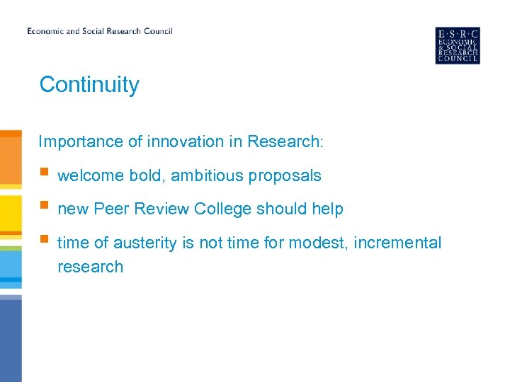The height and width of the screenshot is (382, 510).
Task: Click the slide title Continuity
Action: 89,85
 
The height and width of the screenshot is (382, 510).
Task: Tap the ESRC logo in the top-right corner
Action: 457,45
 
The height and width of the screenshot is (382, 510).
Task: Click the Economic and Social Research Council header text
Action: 100,31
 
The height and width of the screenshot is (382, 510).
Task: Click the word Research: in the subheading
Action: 285,141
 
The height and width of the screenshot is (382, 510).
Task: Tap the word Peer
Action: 110,209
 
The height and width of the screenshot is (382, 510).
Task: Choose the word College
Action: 223,209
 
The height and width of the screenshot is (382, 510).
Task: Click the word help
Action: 327,209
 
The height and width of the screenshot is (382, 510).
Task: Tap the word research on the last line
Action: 90,267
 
